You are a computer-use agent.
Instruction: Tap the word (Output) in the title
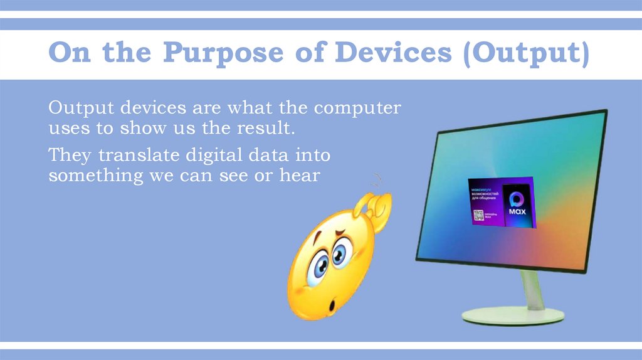525,54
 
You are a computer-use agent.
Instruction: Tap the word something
95,176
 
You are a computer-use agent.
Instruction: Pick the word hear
299,176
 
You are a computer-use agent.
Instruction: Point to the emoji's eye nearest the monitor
339,253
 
